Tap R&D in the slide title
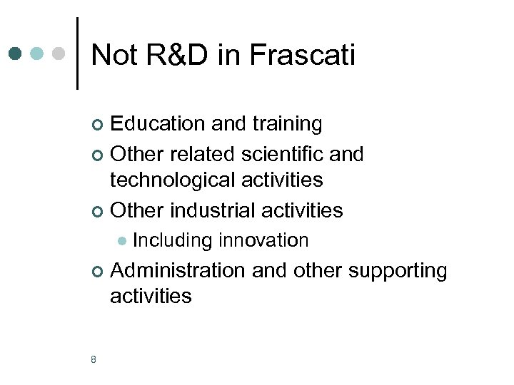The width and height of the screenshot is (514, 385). pos(172,55)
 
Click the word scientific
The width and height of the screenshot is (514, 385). pos(278,153)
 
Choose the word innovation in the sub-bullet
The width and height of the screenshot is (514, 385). pos(263,240)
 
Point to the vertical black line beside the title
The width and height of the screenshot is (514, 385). pos(77,53)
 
